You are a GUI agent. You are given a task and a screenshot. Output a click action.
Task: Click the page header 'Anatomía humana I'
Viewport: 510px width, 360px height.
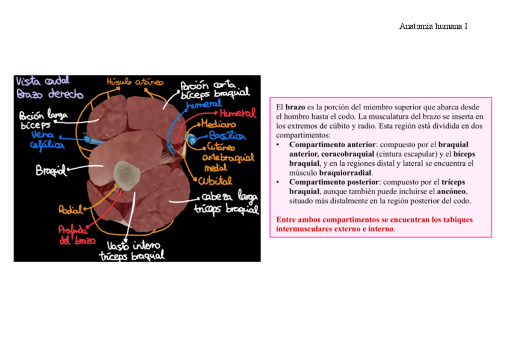[x=434, y=26]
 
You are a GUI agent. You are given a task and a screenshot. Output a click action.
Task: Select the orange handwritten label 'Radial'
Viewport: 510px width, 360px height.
[x=70, y=209]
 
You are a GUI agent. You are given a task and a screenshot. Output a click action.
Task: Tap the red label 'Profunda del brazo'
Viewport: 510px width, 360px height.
[x=73, y=235]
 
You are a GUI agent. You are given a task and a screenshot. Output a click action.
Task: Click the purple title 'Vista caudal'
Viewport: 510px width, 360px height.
[x=43, y=81]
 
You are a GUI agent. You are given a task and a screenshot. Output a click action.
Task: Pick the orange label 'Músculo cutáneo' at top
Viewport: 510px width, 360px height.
[x=131, y=82]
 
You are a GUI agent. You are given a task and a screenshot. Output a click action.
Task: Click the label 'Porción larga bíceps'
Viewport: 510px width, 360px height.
[x=43, y=120]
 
